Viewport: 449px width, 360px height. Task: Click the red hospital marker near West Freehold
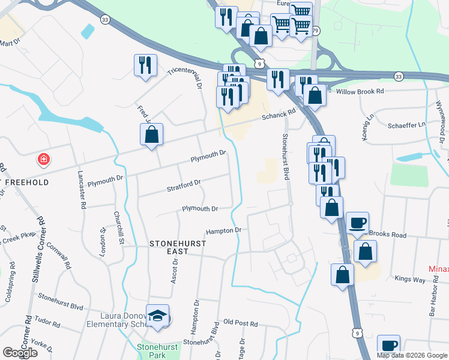pyautogui.click(x=43, y=160)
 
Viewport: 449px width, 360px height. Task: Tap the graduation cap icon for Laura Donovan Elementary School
pyautogui.click(x=158, y=318)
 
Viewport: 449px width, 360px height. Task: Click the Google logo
pyautogui.click(x=20, y=353)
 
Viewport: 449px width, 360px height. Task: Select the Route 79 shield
pyautogui.click(x=316, y=30)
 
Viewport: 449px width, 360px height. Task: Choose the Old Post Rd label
pyautogui.click(x=240, y=323)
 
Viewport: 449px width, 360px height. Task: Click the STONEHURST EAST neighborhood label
pyautogui.click(x=178, y=247)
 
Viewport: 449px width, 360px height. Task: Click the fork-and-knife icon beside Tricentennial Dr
pyautogui.click(x=145, y=64)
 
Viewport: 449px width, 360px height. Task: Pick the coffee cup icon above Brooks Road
pyautogui.click(x=357, y=222)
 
